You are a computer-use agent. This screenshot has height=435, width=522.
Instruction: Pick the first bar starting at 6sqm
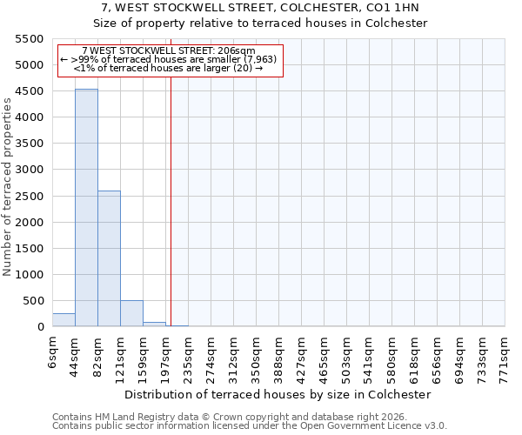click(64, 319)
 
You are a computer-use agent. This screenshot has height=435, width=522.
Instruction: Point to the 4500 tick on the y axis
click(31, 91)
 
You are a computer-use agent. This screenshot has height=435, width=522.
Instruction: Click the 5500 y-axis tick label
click(31, 39)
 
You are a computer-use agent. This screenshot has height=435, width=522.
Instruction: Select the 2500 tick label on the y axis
click(31, 196)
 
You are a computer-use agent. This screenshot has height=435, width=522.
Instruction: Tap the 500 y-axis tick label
click(35, 301)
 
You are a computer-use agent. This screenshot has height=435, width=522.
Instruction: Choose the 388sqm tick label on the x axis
click(279, 357)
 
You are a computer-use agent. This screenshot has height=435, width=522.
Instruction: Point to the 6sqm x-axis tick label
click(53, 351)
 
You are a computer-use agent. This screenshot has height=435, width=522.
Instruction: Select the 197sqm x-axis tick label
click(166, 357)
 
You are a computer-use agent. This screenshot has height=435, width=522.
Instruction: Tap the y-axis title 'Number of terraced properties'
click(8, 187)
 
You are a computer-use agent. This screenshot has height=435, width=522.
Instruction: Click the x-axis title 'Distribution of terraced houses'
click(278, 394)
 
